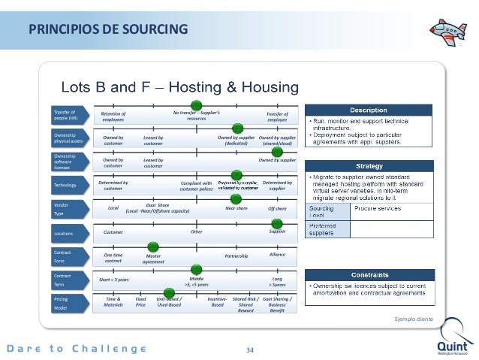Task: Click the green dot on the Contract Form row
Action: coord(153,247)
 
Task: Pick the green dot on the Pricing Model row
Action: coord(167,292)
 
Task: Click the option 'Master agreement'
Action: coord(153,259)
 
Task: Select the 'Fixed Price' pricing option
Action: coord(140,303)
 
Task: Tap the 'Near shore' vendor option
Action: coord(236,208)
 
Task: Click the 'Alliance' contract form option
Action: coord(277,256)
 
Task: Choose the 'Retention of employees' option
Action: coord(113,116)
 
